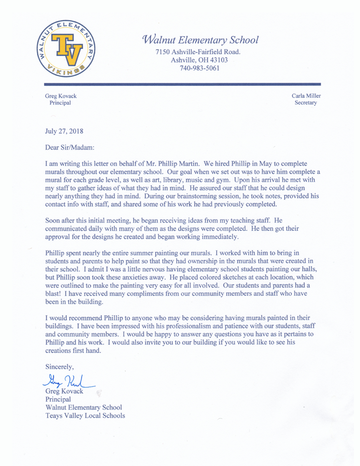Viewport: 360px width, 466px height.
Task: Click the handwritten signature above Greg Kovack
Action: click(66, 382)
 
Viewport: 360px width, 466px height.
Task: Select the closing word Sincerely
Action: click(65, 367)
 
